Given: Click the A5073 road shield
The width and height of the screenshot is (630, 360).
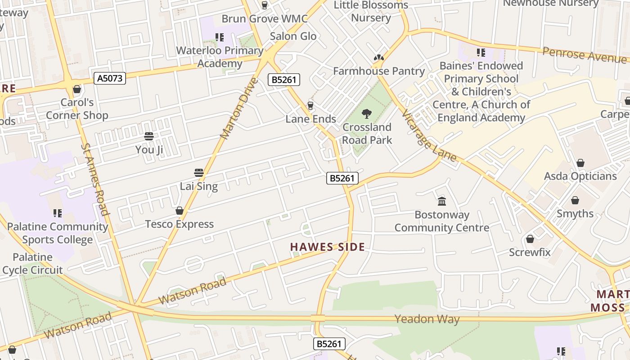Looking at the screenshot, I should point(110,78).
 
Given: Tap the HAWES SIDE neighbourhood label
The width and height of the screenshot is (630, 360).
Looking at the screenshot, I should point(327,247).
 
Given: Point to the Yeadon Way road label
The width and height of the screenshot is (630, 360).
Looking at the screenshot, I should point(427,319).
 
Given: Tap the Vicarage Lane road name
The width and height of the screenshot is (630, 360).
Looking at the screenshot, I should point(428,135).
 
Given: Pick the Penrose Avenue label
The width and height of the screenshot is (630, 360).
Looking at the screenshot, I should point(584,54).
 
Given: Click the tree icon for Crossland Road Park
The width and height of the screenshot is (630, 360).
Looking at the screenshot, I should point(367,114).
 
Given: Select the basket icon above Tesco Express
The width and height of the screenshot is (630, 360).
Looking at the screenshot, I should point(180,211).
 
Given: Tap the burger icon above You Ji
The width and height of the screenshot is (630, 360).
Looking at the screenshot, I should point(149,136).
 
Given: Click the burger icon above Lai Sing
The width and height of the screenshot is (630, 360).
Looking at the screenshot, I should point(199,173).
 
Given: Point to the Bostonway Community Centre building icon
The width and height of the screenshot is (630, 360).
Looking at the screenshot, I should point(442,201).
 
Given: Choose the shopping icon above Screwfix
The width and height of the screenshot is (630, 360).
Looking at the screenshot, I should point(530,239).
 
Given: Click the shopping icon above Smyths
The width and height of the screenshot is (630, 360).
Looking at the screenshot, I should point(575,200).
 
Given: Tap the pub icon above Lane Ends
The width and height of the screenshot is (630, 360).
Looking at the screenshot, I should point(310,106).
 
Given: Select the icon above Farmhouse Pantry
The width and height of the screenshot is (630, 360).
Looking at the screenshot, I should point(378,58).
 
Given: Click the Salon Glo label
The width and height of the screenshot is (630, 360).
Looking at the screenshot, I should point(293,36).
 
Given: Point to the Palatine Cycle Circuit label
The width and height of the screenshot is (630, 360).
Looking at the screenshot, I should point(32,264).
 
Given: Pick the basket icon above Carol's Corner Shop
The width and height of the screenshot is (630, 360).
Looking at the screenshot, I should point(77,89).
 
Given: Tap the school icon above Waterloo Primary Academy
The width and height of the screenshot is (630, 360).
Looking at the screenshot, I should point(220,37).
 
